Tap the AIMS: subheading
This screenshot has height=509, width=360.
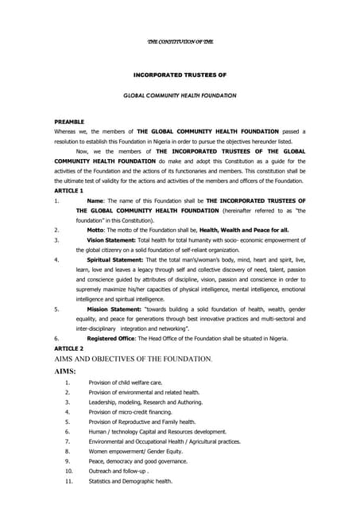coord(65,371)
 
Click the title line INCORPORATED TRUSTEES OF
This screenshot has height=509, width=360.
coord(180,74)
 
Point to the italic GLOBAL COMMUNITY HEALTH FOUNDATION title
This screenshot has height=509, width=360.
coord(180,95)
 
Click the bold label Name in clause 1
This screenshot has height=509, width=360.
coord(95,201)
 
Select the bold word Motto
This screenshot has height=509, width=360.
coord(96,228)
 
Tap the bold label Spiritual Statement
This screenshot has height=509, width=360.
coord(114,259)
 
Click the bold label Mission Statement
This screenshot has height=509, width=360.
coord(113,307)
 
